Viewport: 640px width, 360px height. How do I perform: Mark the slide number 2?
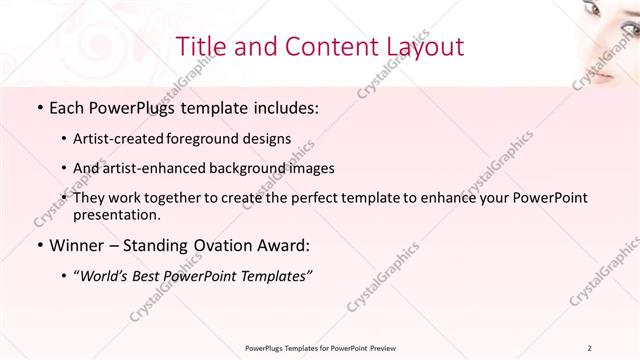(x=590, y=348)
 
